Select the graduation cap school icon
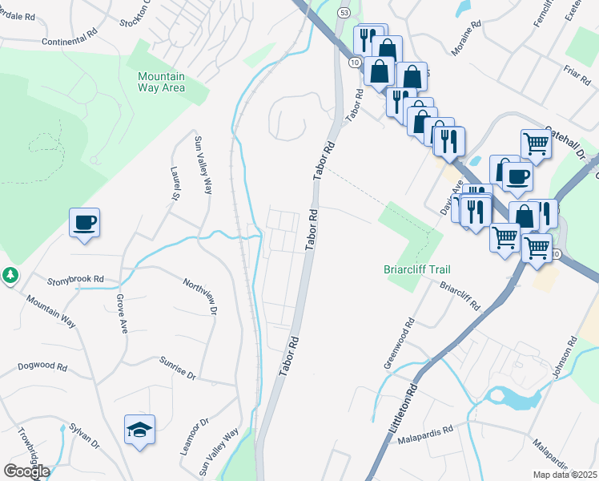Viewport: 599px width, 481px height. pyautogui.click(x=139, y=430)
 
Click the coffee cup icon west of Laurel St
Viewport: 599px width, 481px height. pyautogui.click(x=84, y=223)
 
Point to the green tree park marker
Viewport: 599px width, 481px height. pyautogui.click(x=10, y=276)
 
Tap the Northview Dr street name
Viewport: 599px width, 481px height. pyautogui.click(x=200, y=296)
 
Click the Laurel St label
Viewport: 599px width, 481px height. pyautogui.click(x=173, y=184)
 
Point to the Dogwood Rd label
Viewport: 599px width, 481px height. pyautogui.click(x=43, y=366)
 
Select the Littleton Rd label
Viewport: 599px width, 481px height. pyautogui.click(x=404, y=410)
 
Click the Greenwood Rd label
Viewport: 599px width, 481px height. pyautogui.click(x=399, y=344)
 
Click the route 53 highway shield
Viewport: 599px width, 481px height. pyautogui.click(x=343, y=14)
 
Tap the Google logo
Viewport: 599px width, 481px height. pyautogui.click(x=26, y=471)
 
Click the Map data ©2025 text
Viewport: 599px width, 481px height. pyautogui.click(x=565, y=475)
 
